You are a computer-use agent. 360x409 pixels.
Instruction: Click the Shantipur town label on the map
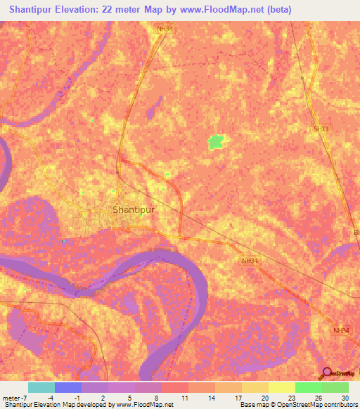pos(133,209)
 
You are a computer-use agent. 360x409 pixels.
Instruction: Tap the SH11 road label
pos(321,129)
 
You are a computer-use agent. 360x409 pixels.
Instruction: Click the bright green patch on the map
pos(216,141)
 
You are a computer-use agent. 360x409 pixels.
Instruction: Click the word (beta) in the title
pos(276,10)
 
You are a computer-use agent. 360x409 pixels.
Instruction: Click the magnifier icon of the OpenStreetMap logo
pos(328,373)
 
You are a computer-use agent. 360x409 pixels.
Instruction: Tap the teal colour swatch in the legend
pos(41,387)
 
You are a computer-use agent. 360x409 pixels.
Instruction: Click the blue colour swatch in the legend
pos(68,387)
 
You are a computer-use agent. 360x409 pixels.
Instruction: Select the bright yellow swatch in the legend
pos(282,387)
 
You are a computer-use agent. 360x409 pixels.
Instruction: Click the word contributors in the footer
pos(339,404)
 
